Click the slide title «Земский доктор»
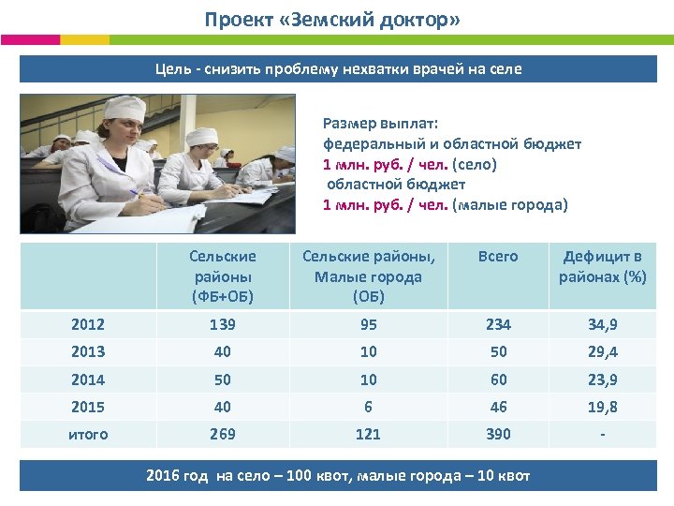(x=332, y=20)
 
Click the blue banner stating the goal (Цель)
(x=338, y=68)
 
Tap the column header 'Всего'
(x=497, y=256)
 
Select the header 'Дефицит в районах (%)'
(x=603, y=266)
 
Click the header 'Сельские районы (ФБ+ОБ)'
(x=222, y=276)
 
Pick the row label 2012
(x=88, y=324)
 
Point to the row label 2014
(x=88, y=379)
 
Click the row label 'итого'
(x=88, y=434)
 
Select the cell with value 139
(x=222, y=324)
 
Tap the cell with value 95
(x=368, y=324)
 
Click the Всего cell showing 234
(x=497, y=324)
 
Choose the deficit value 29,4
(x=603, y=351)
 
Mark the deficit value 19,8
(x=603, y=407)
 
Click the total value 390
(x=497, y=434)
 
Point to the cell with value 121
(x=368, y=434)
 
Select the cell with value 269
(x=222, y=434)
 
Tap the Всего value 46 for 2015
(x=497, y=407)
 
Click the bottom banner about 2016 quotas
(x=338, y=475)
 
